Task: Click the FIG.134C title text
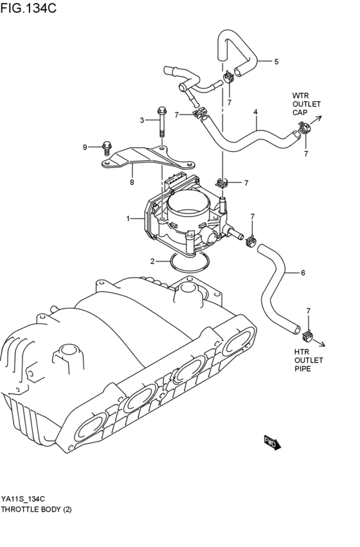[x=28, y=8]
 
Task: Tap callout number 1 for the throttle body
[x=129, y=219]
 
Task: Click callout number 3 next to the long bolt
[x=255, y=112]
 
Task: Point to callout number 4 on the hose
[x=276, y=62]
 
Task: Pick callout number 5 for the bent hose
[x=303, y=273]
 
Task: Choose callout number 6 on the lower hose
[x=131, y=182]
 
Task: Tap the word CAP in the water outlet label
[x=300, y=112]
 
